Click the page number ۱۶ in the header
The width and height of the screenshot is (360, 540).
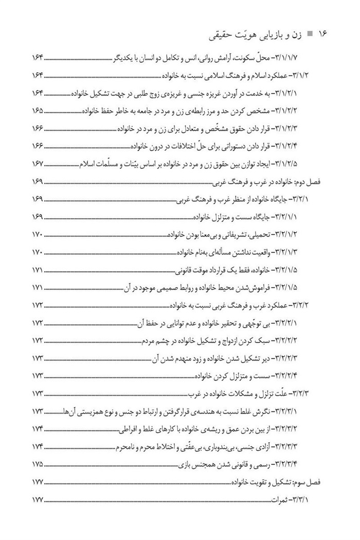pos(322,35)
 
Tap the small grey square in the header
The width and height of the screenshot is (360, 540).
pos(309,35)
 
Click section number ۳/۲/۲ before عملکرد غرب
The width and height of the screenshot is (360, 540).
pos(308,304)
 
